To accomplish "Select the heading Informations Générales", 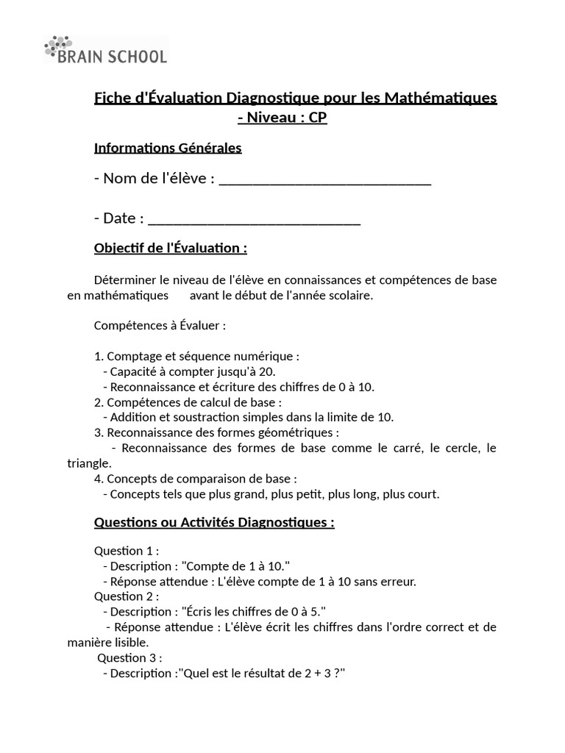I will [x=168, y=148].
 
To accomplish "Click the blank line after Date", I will [x=255, y=219].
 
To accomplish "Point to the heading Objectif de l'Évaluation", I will [x=171, y=249].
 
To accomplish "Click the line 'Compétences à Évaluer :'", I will [x=160, y=325].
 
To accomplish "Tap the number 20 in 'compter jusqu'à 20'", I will [x=248, y=371].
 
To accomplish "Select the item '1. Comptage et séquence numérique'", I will [x=196, y=356].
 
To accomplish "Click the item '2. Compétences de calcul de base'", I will [x=188, y=402].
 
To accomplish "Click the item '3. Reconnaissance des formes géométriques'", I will [x=217, y=432].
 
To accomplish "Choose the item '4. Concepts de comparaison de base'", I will [x=196, y=479].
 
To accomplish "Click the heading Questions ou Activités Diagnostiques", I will [x=214, y=523].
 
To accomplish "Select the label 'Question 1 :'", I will [x=127, y=551].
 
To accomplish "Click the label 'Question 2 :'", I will [x=127, y=596].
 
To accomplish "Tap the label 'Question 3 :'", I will [x=130, y=657].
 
